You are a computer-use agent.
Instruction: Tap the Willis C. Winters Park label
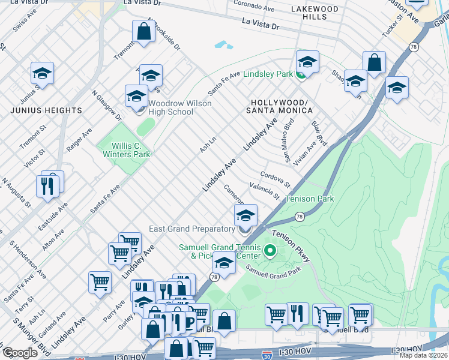pos(123,149)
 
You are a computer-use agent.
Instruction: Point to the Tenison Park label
pos(309,199)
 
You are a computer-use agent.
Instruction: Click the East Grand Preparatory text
pos(191,229)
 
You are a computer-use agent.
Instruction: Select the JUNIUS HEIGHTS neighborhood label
pos(46,110)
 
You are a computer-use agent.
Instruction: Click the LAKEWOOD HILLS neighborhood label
pos(315,13)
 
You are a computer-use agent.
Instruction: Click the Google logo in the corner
pos(19,353)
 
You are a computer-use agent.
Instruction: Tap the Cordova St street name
pos(275,178)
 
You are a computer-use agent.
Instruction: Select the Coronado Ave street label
pos(254,7)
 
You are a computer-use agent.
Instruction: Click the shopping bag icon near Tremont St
pos(143,32)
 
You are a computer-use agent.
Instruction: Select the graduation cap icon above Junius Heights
pos(42,74)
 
